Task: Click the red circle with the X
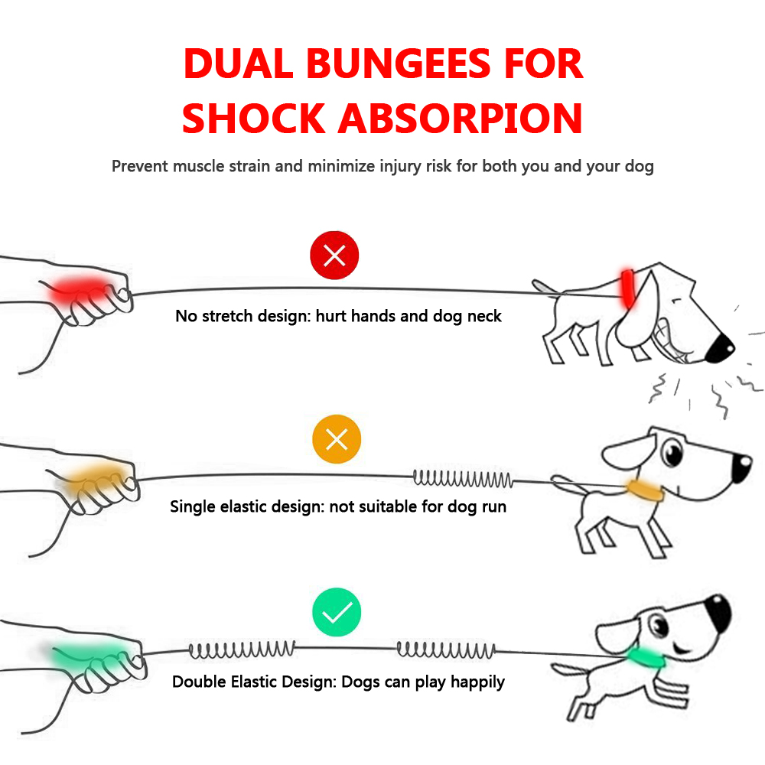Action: coord(334,256)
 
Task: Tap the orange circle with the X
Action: coord(337,440)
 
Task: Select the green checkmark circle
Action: coord(337,613)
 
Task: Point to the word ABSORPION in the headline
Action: coord(461,118)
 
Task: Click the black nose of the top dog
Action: coord(721,349)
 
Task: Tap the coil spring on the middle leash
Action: coord(462,480)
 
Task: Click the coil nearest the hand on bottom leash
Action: coord(242,651)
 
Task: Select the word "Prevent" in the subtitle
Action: coord(140,166)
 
